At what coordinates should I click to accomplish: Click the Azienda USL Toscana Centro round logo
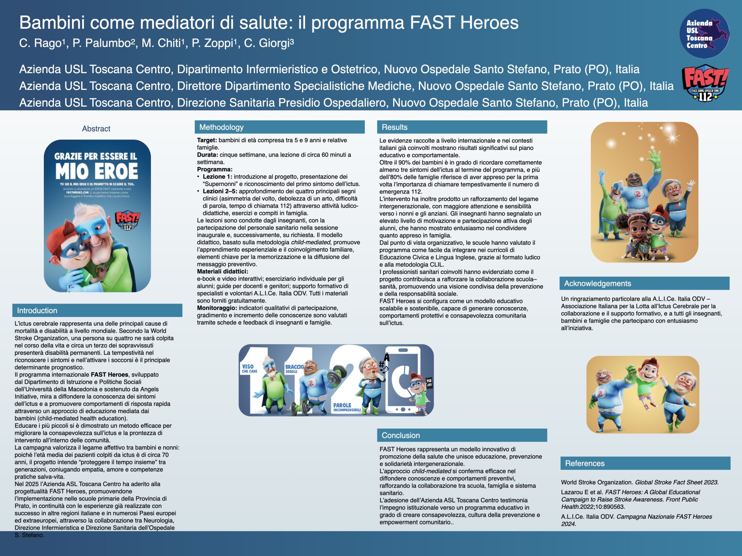coord(704,34)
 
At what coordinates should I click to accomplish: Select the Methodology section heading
coord(221,127)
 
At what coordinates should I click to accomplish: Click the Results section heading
coord(394,127)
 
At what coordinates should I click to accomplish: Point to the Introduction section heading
coord(37,311)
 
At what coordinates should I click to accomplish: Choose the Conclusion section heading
coord(401,435)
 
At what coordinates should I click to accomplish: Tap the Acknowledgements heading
coord(597,284)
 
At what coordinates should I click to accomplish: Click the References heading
coord(585,464)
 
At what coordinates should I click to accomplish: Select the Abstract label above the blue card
coord(96,129)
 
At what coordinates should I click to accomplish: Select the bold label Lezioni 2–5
coord(220,191)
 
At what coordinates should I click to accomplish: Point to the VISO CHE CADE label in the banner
coord(249,368)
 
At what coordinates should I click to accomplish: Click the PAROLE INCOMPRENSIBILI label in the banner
coord(347,407)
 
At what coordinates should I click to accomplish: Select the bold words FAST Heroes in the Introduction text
coord(109,375)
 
